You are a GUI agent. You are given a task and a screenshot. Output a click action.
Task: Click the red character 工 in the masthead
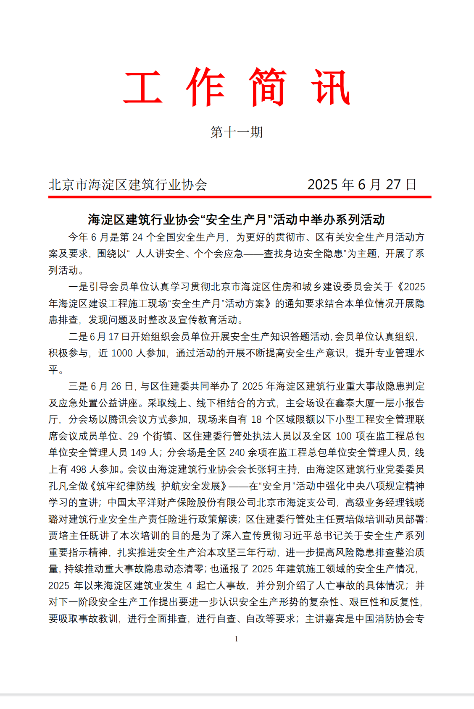point(143,87)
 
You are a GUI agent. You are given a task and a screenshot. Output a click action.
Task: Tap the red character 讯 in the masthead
point(330,87)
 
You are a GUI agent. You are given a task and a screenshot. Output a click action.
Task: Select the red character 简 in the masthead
point(268,87)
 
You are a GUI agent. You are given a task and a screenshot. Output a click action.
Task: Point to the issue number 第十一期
point(237,132)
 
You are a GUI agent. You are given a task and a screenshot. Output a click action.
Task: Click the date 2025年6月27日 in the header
point(362,185)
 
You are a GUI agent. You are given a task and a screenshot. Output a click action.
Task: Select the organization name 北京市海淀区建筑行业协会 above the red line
point(128,185)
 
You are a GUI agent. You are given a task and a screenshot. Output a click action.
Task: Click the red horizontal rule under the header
point(240,196)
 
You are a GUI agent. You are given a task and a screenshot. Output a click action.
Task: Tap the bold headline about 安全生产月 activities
point(236,219)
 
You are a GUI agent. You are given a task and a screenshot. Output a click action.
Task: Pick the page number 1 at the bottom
point(237,639)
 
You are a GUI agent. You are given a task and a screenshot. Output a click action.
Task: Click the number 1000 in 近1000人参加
point(122,353)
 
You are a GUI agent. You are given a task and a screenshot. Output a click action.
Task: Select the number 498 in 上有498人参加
point(79,469)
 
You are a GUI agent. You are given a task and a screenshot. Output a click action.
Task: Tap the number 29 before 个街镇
point(133,436)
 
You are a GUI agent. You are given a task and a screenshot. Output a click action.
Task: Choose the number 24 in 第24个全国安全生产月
point(137,237)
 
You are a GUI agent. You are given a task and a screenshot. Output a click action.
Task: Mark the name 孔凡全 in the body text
point(63,486)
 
